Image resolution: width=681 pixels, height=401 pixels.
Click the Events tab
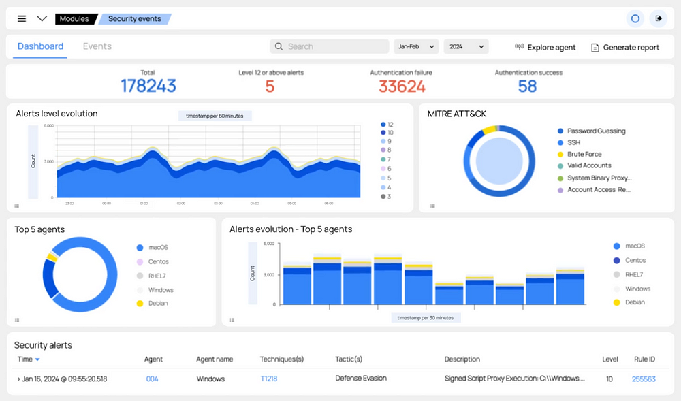pos(97,46)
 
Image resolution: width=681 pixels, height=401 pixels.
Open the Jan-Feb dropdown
pos(415,46)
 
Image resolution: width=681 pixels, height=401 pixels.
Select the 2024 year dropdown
pos(466,46)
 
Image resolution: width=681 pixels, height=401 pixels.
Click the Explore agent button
pos(545,47)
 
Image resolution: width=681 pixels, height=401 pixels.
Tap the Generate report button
pos(624,47)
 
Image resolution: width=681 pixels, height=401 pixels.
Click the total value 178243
pos(148,86)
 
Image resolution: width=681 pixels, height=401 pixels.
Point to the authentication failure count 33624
pos(402,86)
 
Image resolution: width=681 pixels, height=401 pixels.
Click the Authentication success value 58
pos(527,86)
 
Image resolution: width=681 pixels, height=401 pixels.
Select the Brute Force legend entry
pos(584,154)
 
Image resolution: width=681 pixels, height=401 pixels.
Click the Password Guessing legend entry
pos(595,131)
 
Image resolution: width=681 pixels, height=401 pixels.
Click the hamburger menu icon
pos(22,18)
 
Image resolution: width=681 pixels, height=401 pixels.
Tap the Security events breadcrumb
pos(134,18)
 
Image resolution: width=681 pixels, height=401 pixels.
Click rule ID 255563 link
pos(644,379)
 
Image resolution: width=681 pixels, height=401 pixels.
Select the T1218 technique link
pos(268,379)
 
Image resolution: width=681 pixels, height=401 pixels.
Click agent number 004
pos(152,379)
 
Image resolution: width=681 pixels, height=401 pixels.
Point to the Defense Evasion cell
pos(361,378)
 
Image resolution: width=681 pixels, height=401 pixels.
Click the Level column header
pos(609,359)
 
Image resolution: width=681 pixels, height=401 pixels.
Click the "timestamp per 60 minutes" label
pos(215,116)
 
